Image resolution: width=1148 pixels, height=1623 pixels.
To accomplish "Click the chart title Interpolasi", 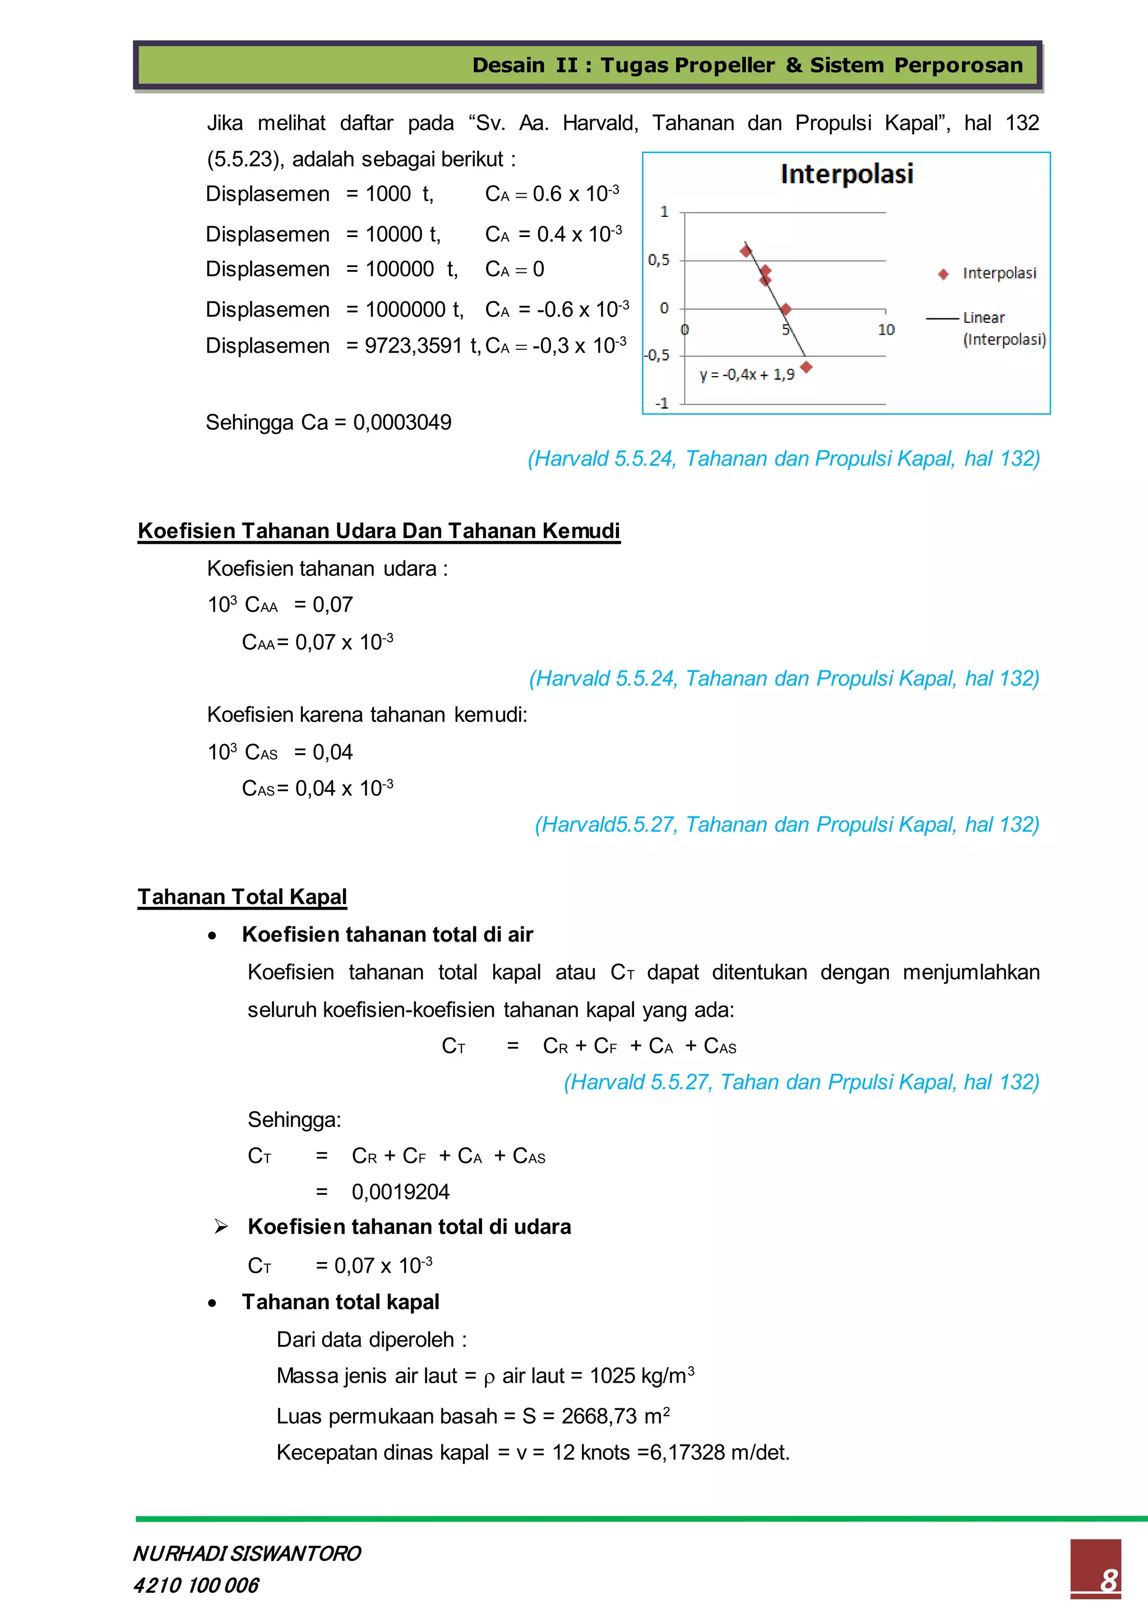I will point(846,174).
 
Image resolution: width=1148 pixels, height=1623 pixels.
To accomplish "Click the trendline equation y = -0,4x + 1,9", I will point(747,375).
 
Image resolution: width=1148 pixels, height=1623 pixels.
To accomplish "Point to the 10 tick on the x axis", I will point(886,330).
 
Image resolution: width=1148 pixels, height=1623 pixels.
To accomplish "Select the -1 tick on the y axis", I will point(661,404).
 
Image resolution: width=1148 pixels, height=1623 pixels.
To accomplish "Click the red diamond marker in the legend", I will point(943,274).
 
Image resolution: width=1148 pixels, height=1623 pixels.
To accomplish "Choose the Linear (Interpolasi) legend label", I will point(1003,329).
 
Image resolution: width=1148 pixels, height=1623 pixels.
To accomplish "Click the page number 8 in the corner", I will point(1108,1580).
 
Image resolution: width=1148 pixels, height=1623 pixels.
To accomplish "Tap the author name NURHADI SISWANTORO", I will point(247,1553).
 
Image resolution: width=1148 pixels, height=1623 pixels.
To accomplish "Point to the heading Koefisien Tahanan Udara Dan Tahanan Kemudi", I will point(378,531).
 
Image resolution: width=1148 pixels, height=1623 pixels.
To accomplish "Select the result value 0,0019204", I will point(400,1192).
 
